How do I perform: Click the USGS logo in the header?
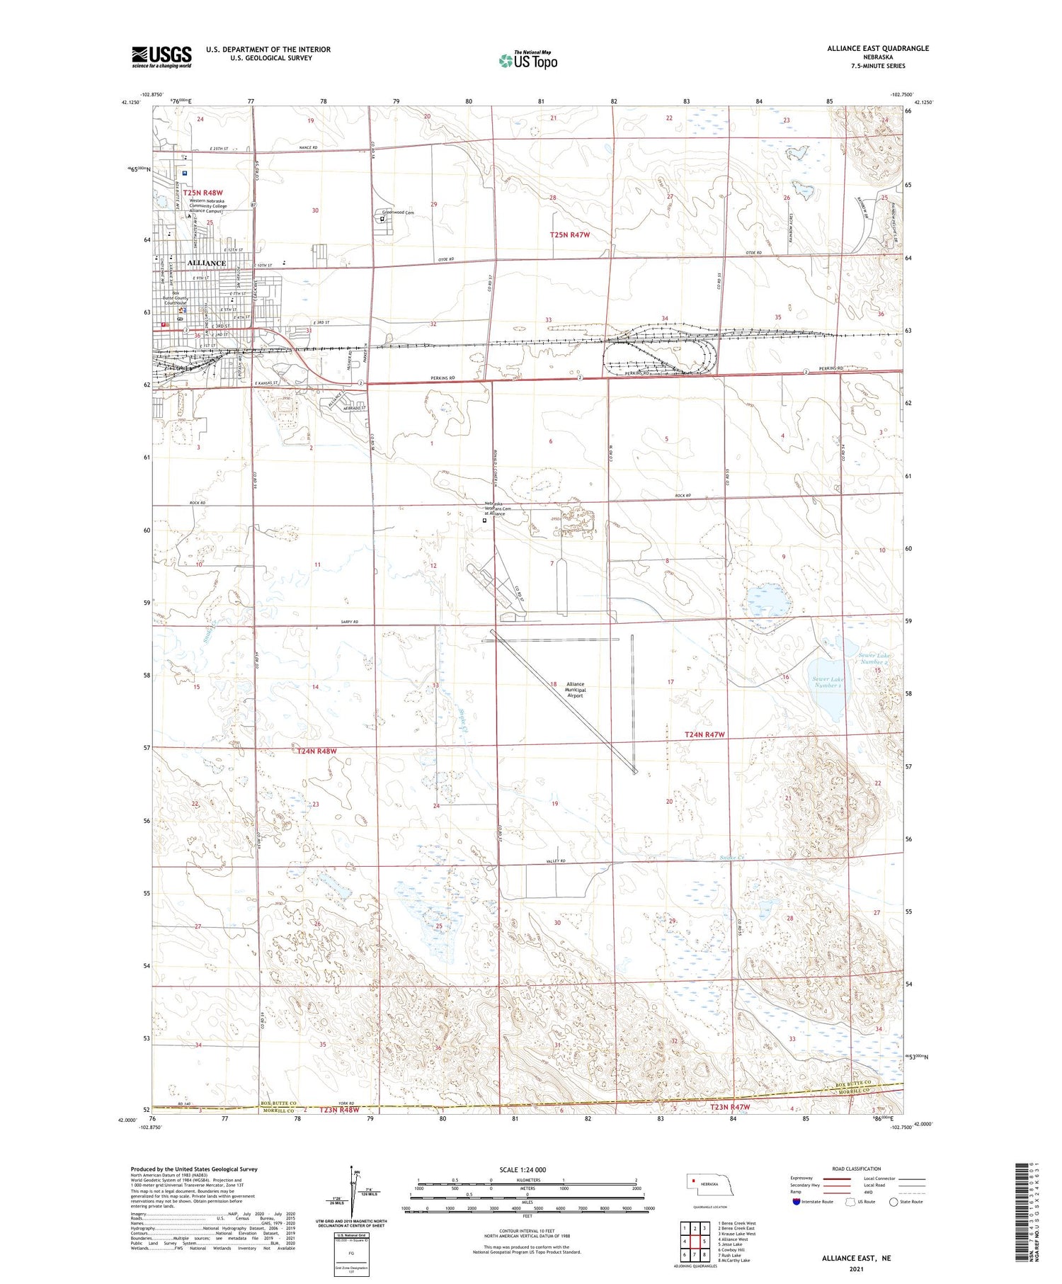click(x=161, y=56)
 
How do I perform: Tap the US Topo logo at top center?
click(x=528, y=60)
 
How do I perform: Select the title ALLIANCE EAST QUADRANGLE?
click(x=878, y=48)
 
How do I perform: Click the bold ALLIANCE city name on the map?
click(x=206, y=263)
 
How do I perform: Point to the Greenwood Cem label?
click(x=398, y=212)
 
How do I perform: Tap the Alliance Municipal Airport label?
click(x=575, y=690)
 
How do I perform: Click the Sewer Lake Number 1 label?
click(x=828, y=683)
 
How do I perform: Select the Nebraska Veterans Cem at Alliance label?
click(x=497, y=509)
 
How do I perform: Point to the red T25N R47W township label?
click(x=570, y=234)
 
